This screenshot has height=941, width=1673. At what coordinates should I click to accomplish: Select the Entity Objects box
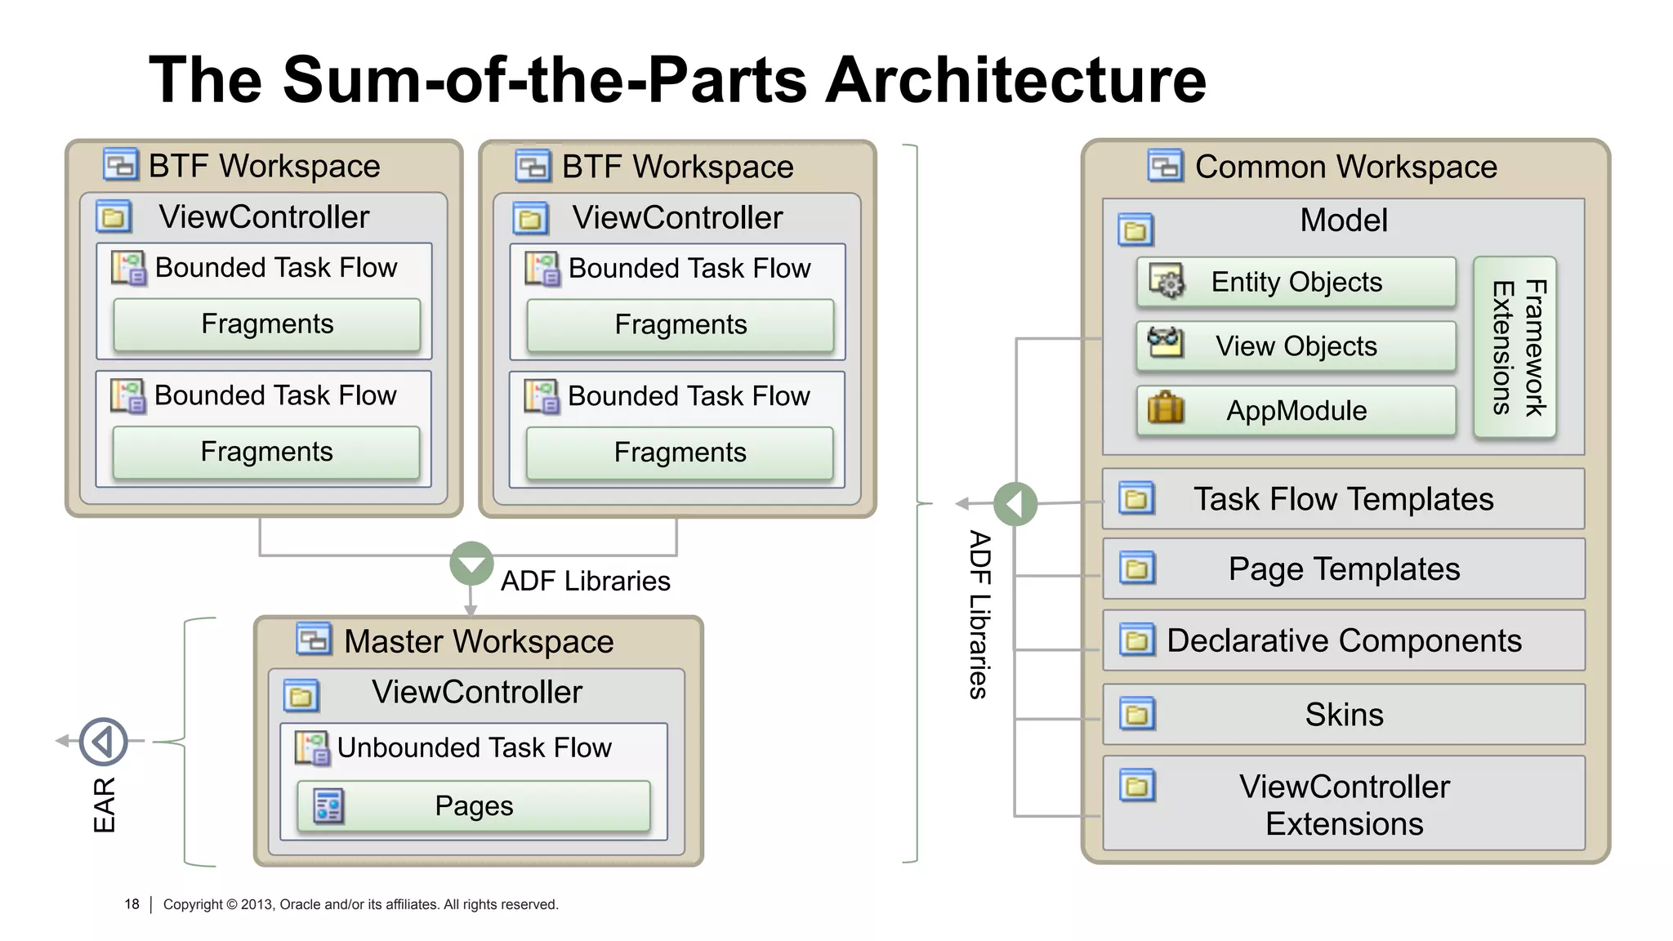click(x=1296, y=282)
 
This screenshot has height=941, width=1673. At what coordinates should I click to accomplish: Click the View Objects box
click(x=1296, y=346)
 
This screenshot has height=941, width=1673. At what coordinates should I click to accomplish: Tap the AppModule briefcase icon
click(x=1165, y=408)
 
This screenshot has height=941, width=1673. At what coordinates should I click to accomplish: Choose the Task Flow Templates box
click(x=1343, y=499)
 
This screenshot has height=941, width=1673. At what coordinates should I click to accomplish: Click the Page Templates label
click(x=1344, y=569)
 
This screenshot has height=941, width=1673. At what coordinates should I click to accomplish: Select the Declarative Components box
click(x=1343, y=640)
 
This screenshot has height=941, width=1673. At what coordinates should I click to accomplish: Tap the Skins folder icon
click(x=1137, y=714)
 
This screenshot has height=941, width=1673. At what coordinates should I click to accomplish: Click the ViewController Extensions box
click(x=1343, y=805)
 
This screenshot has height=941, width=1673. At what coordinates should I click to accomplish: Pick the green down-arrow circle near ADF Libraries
click(x=471, y=563)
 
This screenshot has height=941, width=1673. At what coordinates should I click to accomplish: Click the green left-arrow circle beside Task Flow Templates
click(x=1015, y=504)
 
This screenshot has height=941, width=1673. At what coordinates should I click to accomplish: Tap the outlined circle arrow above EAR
click(x=104, y=742)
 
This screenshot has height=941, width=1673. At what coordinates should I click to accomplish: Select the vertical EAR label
click(x=105, y=805)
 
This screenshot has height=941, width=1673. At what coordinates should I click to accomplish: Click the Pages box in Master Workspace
click(x=474, y=806)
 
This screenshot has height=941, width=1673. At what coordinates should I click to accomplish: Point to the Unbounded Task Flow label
click(x=474, y=747)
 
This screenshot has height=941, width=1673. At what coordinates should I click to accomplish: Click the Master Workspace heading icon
click(x=314, y=640)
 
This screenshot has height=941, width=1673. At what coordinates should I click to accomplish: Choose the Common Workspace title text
click(x=1345, y=167)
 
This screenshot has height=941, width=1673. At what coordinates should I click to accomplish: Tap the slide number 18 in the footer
click(x=132, y=904)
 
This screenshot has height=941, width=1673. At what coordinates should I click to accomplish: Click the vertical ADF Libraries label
click(x=979, y=614)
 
